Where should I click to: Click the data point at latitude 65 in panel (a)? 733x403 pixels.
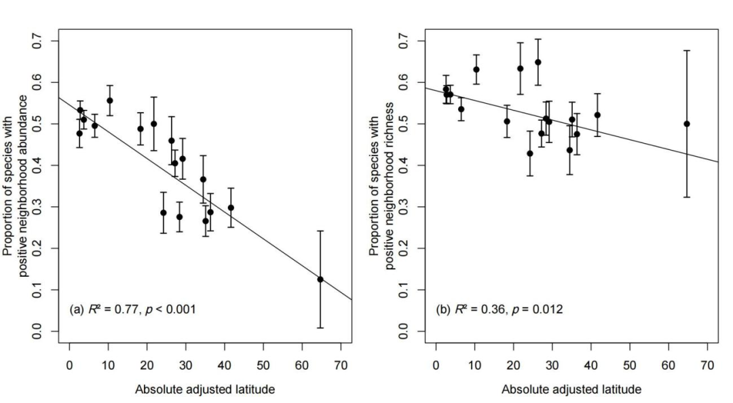(320, 279)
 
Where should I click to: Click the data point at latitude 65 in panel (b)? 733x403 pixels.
(687, 123)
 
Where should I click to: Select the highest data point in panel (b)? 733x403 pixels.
(538, 62)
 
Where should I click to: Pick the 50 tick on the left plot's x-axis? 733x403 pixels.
(263, 366)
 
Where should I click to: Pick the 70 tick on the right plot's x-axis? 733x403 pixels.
(707, 366)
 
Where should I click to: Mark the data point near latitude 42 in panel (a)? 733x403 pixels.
(231, 208)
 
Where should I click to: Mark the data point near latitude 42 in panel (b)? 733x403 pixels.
(597, 115)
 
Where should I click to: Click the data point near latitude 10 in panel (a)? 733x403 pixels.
(109, 100)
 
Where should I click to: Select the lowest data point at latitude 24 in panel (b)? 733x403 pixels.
(530, 153)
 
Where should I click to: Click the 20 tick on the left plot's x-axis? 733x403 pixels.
(147, 366)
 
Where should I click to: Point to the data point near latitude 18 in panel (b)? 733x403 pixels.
(507, 121)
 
